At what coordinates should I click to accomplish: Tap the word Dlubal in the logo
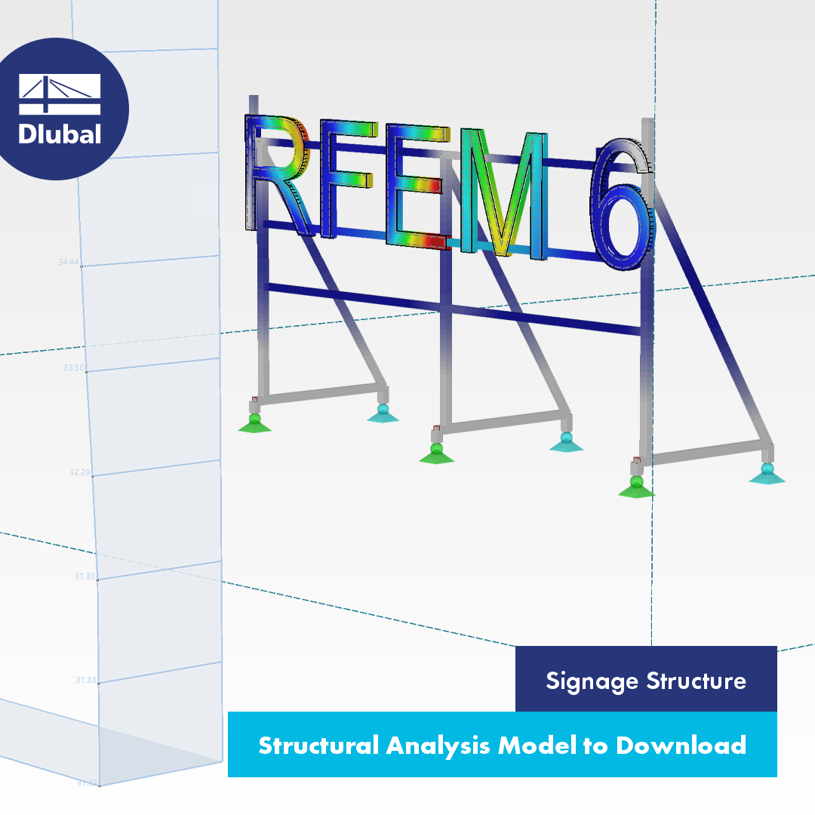60,134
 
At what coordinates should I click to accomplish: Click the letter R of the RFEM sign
276,177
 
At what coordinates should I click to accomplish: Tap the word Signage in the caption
591,681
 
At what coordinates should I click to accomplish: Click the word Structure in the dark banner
696,681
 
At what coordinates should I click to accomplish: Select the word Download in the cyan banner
681,746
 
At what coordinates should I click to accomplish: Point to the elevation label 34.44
69,263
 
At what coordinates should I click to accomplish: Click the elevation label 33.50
74,368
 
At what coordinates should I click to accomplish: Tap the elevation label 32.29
79,473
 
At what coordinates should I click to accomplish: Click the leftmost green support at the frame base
254,423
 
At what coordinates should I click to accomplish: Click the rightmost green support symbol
636,487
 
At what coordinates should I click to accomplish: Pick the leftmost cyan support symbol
383,414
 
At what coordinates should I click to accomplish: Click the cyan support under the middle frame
566,442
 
